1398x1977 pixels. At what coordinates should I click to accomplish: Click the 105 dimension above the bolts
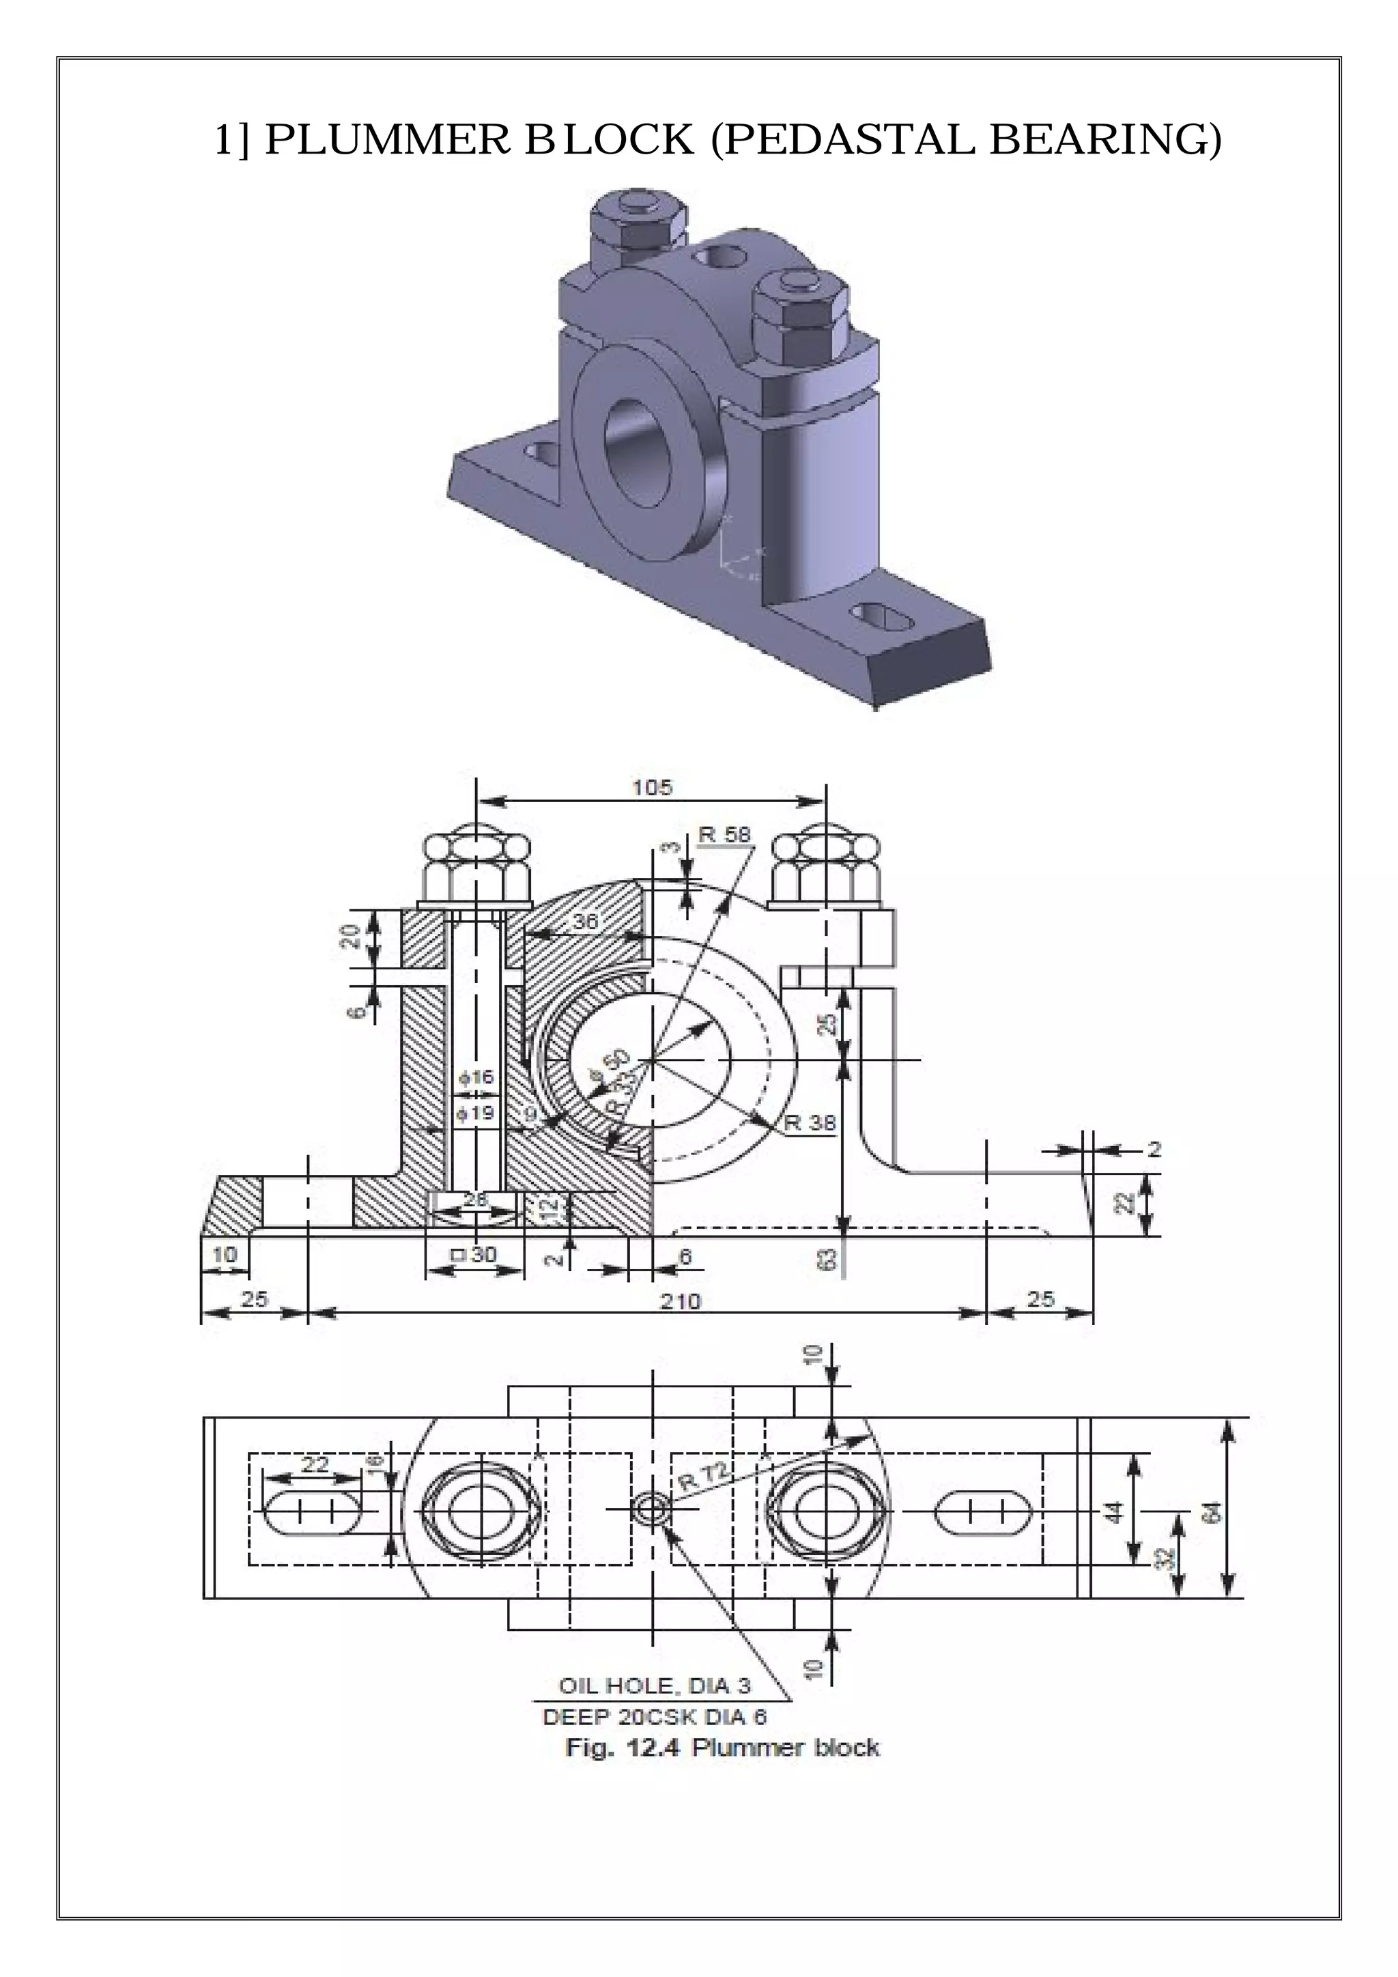[652, 787]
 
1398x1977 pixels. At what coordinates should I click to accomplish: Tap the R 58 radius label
[724, 834]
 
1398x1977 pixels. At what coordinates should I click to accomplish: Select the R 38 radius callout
[810, 1123]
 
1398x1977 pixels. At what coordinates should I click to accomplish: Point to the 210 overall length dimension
[680, 1300]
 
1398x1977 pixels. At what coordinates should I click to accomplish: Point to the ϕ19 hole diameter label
[476, 1113]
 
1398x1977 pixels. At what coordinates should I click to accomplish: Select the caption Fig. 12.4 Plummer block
[722, 1748]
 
